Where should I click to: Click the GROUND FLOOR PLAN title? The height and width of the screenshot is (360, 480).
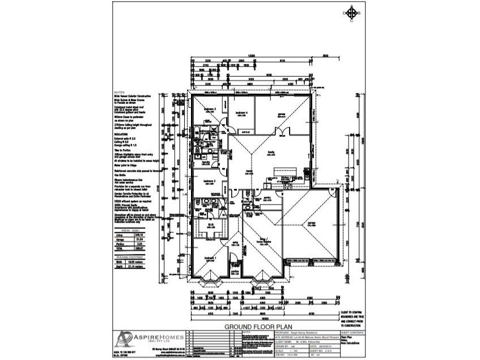258,327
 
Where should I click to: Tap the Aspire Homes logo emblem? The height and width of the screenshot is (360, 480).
123,340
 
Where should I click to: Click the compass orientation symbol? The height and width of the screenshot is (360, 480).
352,12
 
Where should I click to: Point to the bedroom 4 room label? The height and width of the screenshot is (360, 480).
242,112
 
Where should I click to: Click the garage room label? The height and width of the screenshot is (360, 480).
311,223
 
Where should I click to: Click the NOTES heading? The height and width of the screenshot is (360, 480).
119,92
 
